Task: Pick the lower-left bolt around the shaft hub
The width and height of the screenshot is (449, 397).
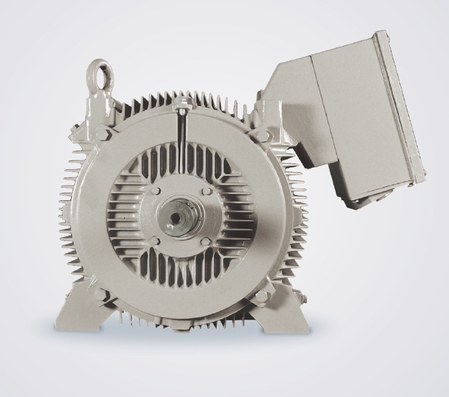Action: click(155, 241)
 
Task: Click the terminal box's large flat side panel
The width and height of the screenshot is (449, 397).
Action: click(352, 117)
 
